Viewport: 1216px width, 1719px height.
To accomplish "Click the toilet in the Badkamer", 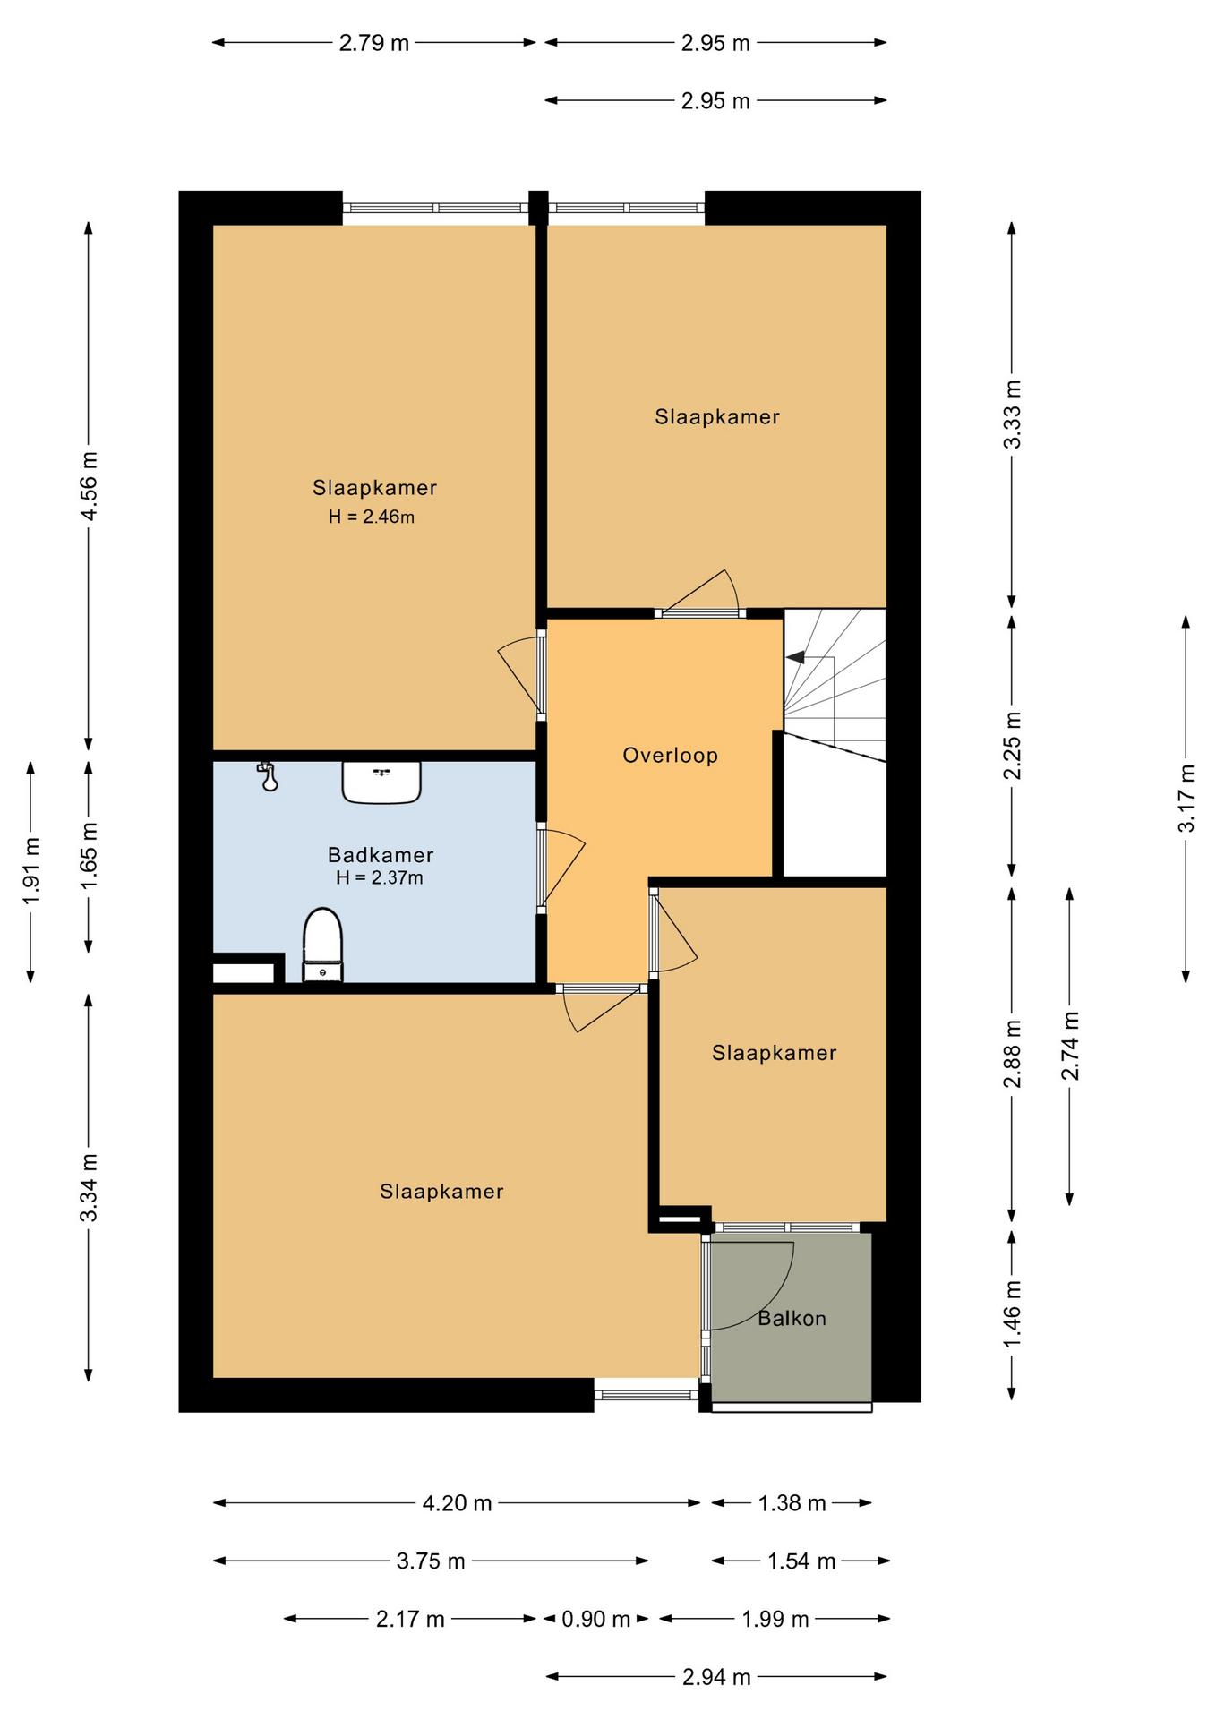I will coord(322,945).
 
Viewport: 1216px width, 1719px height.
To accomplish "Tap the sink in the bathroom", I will coord(381,782).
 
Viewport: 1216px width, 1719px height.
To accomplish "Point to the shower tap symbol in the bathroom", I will coord(268,777).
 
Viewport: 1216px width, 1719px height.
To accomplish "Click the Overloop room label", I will coord(670,756).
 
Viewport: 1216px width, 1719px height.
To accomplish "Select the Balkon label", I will coord(792,1319).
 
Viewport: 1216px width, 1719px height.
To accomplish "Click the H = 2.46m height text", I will coord(371,517).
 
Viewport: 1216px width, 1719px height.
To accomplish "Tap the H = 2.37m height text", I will coord(380,878).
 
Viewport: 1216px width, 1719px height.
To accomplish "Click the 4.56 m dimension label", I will coord(89,486).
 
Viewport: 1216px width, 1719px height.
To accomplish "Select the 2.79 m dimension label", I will coord(373,43).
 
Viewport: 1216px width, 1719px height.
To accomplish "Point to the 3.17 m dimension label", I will coord(1186,798).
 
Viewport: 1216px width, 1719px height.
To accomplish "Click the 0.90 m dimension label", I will coord(595,1619).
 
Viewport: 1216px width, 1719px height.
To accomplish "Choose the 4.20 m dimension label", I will coord(457,1503).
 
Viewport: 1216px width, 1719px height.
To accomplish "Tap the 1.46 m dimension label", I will coord(1012,1314).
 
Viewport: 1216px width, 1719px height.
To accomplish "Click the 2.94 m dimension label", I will coord(715,1677).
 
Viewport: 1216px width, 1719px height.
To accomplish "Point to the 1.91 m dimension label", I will coord(30,871).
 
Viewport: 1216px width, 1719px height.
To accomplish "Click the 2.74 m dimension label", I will coord(1069,1046).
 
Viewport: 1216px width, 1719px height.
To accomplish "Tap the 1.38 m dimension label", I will coord(792,1503).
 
